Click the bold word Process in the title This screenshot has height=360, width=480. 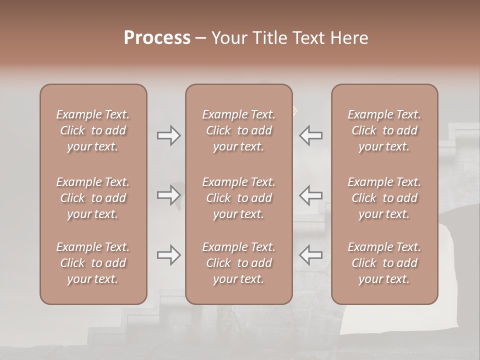point(157,38)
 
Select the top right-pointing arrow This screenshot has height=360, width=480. point(169,135)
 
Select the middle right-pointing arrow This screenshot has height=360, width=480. point(169,195)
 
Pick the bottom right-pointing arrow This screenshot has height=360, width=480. point(169,255)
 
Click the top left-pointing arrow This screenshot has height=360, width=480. point(310,135)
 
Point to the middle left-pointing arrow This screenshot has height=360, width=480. point(310,195)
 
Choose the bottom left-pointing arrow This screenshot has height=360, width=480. point(310,255)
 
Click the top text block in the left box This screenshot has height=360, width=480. point(93,130)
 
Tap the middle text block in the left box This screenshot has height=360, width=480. point(93,198)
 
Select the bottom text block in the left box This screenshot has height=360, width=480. point(93,263)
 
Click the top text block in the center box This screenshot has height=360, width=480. point(238,130)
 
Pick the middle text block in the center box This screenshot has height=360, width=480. point(238,198)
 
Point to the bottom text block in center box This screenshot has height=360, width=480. point(238,263)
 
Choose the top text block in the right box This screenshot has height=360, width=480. point(384,130)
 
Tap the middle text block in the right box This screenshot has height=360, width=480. point(384,198)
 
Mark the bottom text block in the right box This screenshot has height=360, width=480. point(384,263)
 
